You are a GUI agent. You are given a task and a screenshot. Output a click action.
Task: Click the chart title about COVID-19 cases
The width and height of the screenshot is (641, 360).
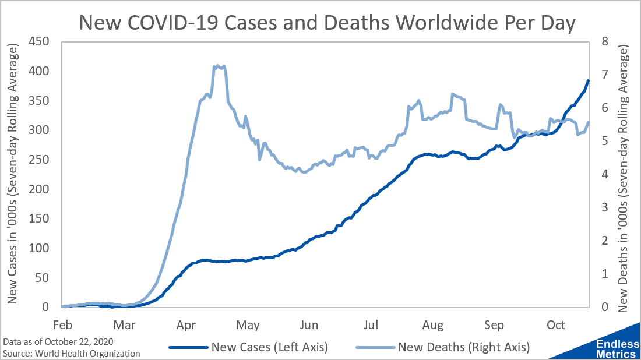click(327, 23)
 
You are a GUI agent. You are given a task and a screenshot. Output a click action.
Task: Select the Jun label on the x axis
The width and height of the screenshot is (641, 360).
click(309, 324)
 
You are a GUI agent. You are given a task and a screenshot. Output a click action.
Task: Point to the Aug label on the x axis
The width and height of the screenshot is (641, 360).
click(433, 324)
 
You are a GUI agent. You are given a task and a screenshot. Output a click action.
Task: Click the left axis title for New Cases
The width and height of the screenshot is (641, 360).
click(13, 174)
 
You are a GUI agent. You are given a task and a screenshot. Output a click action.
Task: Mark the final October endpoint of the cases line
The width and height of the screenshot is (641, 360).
click(589, 81)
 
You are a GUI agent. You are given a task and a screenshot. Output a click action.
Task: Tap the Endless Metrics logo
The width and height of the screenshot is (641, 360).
click(615, 348)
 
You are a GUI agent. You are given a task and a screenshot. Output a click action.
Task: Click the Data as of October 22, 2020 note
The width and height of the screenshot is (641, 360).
click(58, 341)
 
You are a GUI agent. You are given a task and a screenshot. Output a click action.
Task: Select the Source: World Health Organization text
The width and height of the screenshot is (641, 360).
click(72, 353)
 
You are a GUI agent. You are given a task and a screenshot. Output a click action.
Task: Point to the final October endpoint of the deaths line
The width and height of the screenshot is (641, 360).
click(589, 123)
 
